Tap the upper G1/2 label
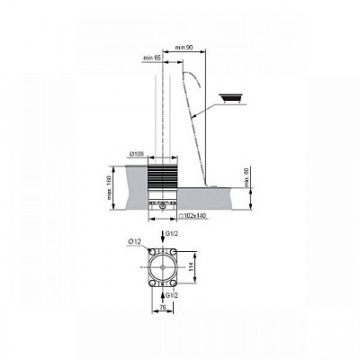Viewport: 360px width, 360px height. pos(171,235)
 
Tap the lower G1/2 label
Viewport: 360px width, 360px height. pos(171,294)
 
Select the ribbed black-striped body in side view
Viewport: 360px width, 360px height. pos(163,176)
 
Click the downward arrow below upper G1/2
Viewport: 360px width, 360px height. pos(164,243)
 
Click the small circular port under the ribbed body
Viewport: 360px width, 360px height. pos(163,204)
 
